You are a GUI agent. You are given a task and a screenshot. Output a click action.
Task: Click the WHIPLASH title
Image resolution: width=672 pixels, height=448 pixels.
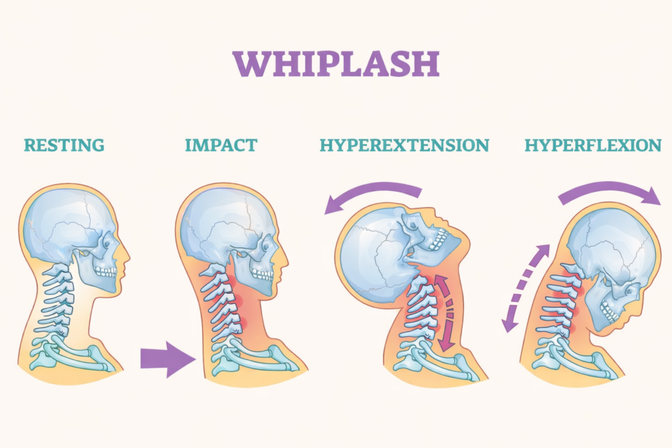click(336, 63)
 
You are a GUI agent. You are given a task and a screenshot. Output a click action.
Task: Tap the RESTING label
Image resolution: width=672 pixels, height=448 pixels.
click(64, 144)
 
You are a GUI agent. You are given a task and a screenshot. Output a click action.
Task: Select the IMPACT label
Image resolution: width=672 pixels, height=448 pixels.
click(221, 144)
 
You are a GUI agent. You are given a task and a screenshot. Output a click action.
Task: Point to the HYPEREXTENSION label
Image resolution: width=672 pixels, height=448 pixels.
click(404, 144)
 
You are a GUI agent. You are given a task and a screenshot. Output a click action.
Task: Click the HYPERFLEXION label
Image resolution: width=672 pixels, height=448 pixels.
click(592, 144)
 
